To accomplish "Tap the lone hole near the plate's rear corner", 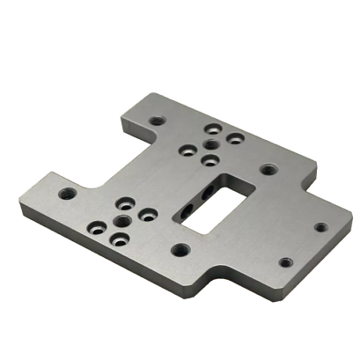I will coord(157,121).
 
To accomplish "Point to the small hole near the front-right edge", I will coord(285,261).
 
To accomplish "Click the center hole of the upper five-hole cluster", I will coord(209,145).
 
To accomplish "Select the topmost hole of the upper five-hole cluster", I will coord(211,128).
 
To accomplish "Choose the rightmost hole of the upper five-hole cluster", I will coord(234,139).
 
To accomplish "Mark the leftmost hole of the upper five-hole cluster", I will coord(187,151).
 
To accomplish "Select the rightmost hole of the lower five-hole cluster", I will coord(149,214).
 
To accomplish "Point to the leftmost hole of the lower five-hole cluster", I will coord(99,227).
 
